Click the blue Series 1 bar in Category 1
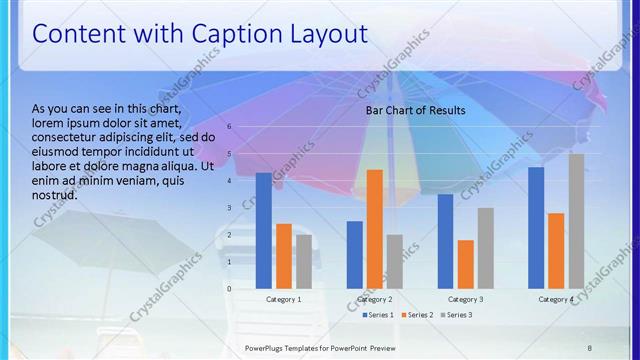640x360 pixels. pos(264,231)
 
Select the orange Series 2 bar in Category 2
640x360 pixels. pos(374,229)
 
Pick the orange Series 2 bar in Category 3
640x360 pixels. pos(465,264)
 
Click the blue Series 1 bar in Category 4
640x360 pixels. pos(536,228)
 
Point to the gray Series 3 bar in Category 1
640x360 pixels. pos(304,262)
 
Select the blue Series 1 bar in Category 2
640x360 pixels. pos(354,255)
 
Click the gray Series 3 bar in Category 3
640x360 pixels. pos(485,248)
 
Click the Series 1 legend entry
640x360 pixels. pos(376,315)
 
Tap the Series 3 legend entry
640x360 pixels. pos(455,315)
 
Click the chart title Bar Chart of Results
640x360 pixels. pos(415,110)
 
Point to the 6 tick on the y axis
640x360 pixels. pos(229,127)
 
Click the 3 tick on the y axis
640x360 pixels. pos(229,208)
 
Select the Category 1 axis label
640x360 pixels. pos(284,299)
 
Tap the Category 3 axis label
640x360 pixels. pos(465,299)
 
